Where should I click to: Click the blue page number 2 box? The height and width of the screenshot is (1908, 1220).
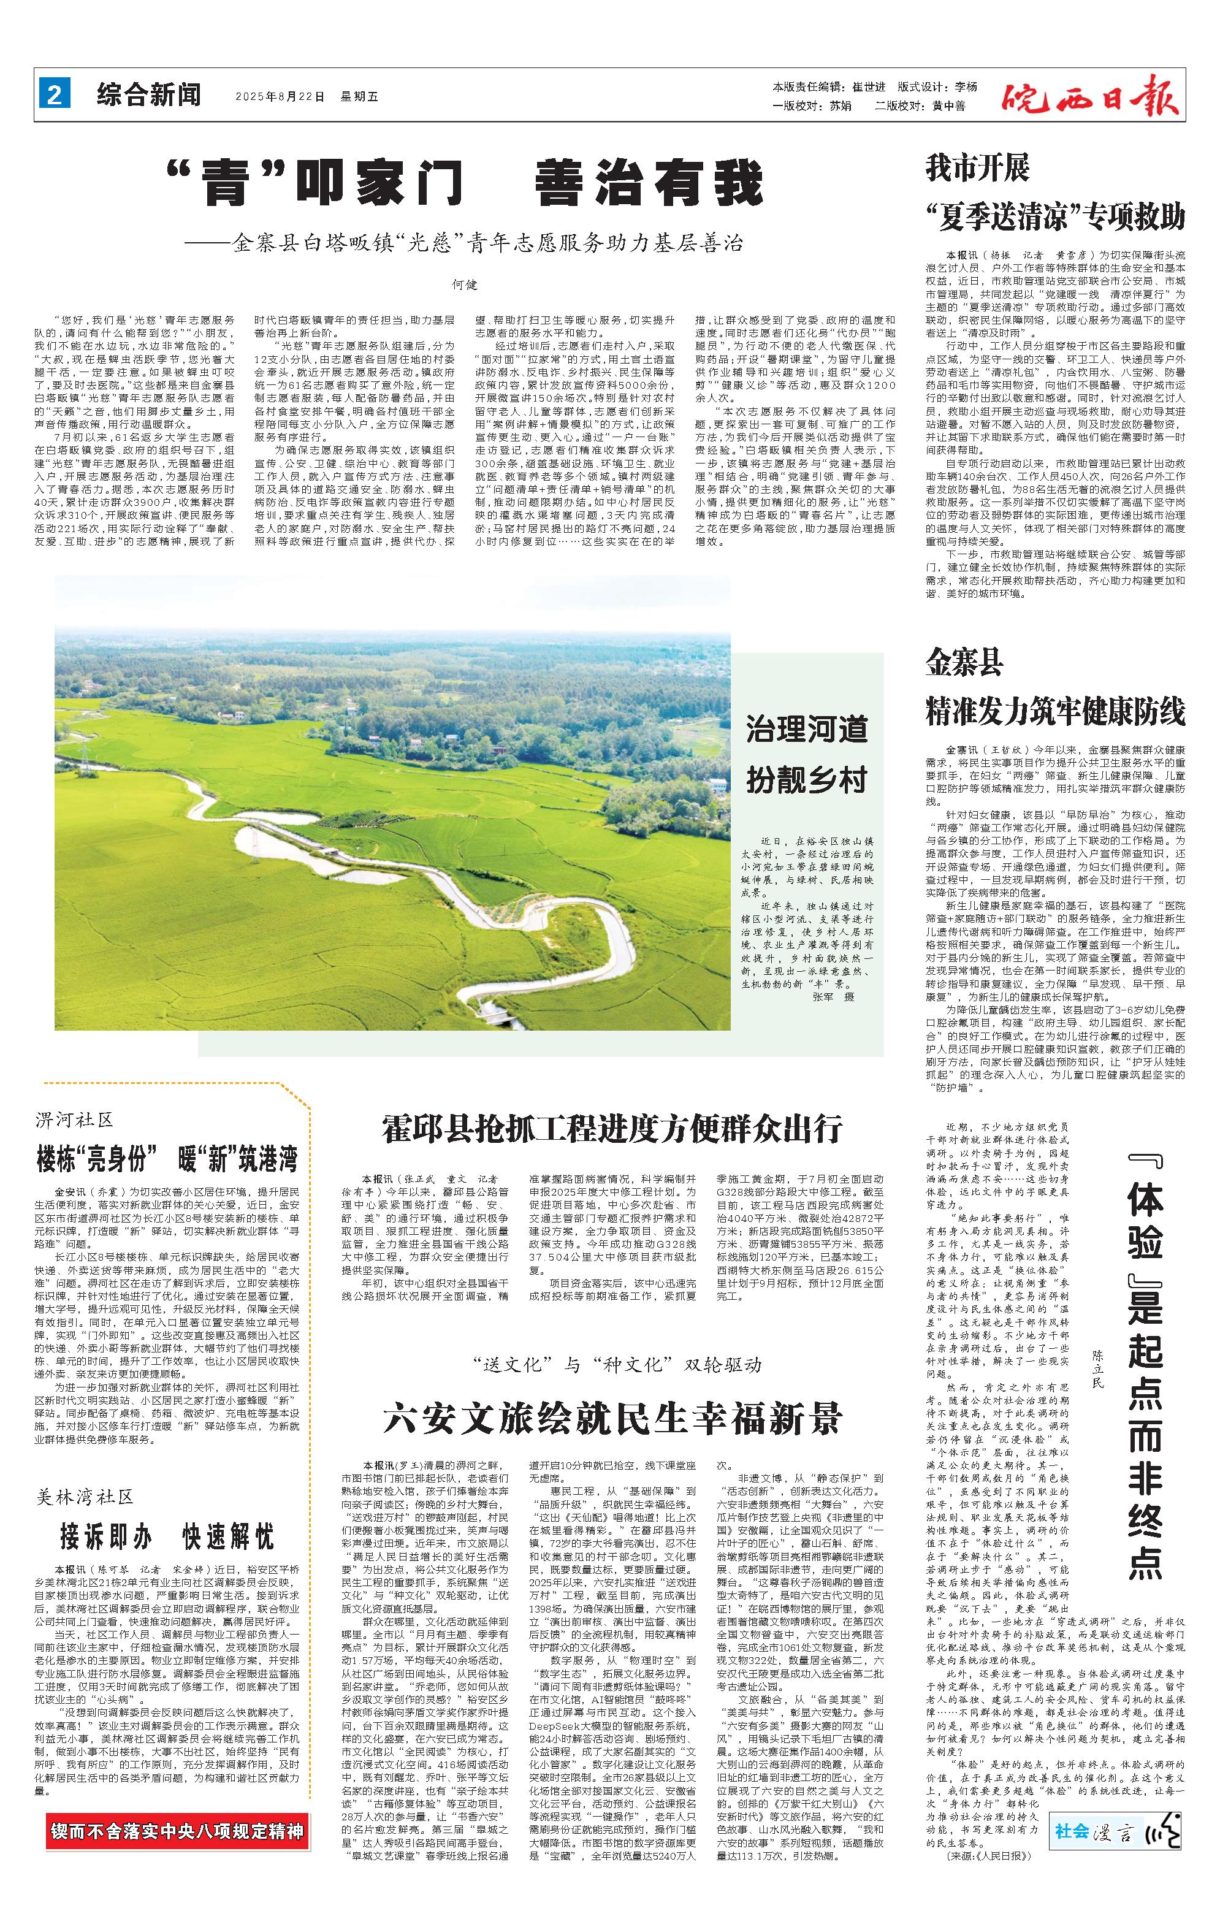[54, 96]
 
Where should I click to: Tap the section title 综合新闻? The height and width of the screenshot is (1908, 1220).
[149, 96]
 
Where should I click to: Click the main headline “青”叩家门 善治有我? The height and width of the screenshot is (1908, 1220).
[465, 183]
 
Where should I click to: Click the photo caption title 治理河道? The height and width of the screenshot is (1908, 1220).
[806, 729]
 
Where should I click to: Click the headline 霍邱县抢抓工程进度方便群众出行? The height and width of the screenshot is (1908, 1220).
[612, 1128]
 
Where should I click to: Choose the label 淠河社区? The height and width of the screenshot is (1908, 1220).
[75, 1120]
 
